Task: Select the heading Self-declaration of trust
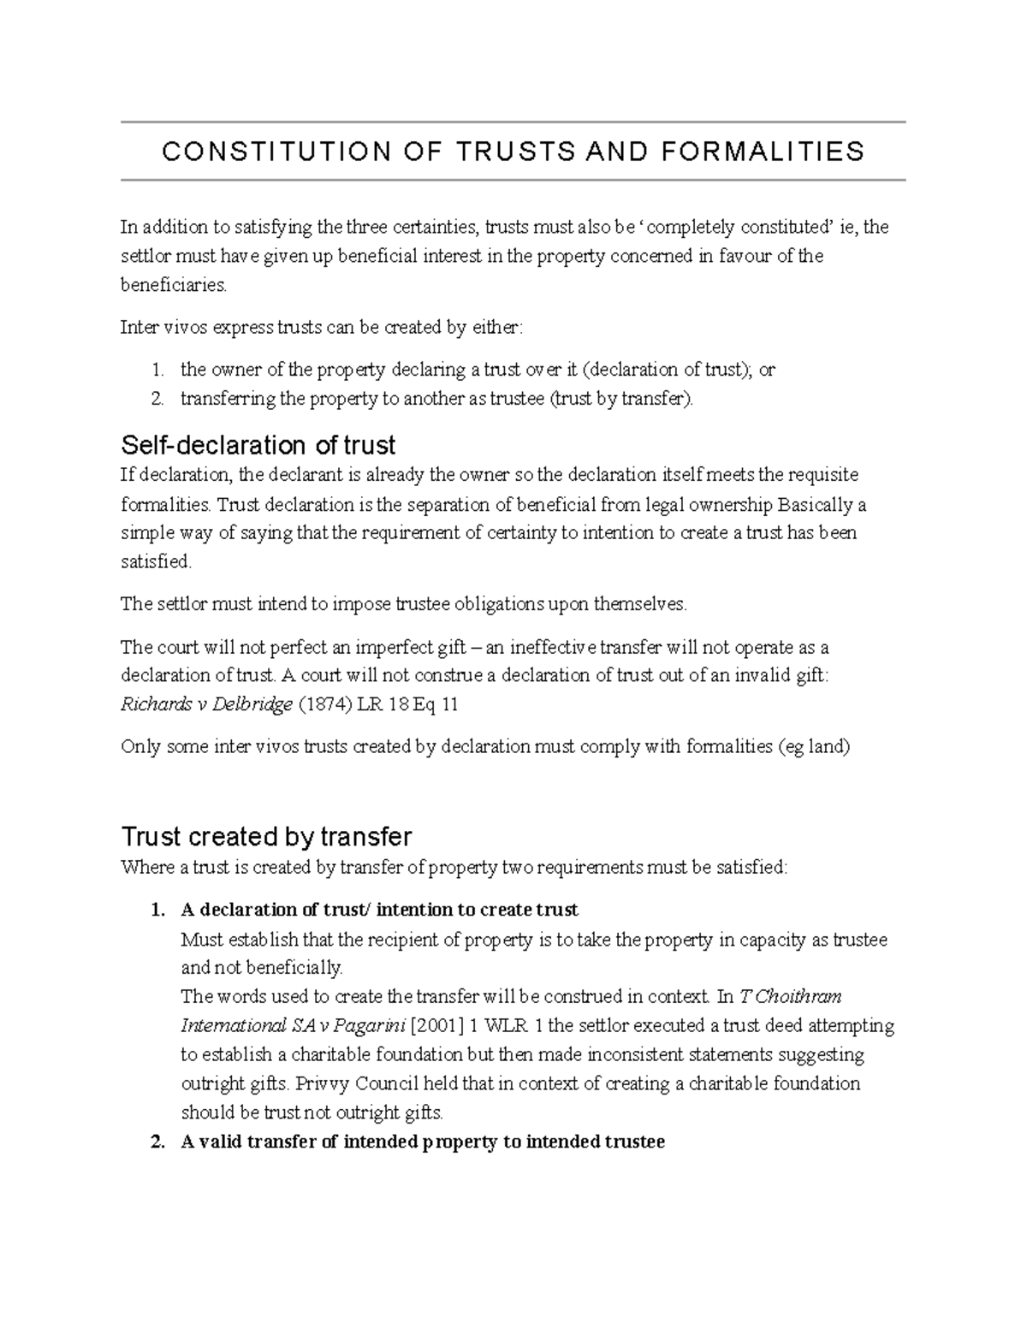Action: point(258,445)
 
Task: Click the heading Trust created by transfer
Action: point(266,836)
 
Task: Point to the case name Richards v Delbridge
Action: point(206,704)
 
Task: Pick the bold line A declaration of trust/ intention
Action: point(379,910)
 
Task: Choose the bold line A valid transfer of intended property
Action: point(423,1142)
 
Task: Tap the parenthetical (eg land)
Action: point(813,746)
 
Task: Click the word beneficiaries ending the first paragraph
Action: point(174,285)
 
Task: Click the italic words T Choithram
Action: point(790,996)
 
